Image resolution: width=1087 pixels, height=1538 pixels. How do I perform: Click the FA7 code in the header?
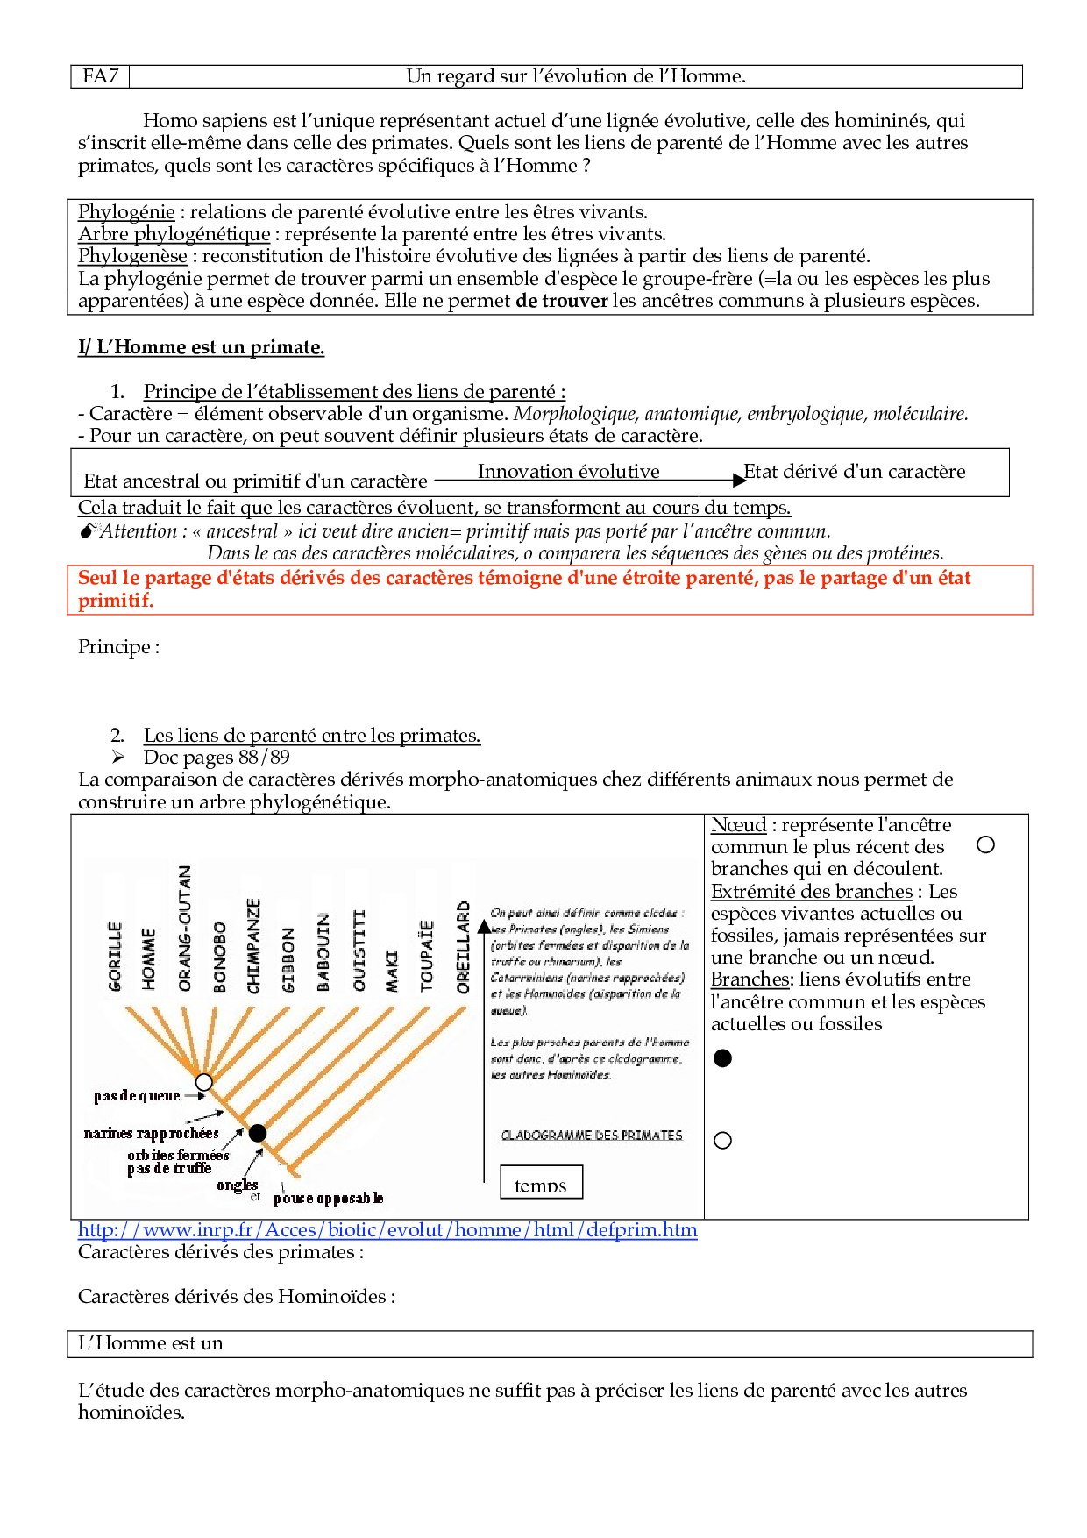pyautogui.click(x=100, y=76)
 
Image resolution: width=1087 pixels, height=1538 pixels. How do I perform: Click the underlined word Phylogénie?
pyautogui.click(x=126, y=211)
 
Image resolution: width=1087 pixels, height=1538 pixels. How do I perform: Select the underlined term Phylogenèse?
pyautogui.click(x=132, y=256)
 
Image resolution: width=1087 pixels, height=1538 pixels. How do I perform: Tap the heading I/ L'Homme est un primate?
pyautogui.click(x=201, y=347)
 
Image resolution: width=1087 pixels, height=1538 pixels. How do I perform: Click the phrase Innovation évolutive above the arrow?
pyautogui.click(x=568, y=472)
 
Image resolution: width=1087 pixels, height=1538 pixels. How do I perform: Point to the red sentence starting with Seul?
pyautogui.click(x=523, y=588)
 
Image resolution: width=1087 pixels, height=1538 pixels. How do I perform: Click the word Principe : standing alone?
pyautogui.click(x=118, y=647)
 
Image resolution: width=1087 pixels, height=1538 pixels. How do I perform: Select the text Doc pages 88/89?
pyautogui.click(x=217, y=758)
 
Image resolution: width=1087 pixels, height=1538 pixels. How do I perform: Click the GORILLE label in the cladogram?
pyautogui.click(x=115, y=957)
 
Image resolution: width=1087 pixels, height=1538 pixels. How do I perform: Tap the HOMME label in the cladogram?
pyautogui.click(x=149, y=959)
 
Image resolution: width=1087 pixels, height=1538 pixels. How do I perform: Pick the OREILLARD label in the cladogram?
pyautogui.click(x=463, y=948)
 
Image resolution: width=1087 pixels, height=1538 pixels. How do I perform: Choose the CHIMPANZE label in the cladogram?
pyautogui.click(x=253, y=946)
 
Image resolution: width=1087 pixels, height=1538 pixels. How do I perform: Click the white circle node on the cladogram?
pyautogui.click(x=204, y=1082)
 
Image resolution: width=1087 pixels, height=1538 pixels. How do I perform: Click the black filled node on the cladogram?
pyautogui.click(x=257, y=1133)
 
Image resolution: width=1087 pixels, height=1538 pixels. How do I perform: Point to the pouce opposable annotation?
pyautogui.click(x=328, y=1199)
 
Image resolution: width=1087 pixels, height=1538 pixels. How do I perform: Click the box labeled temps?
pyautogui.click(x=541, y=1182)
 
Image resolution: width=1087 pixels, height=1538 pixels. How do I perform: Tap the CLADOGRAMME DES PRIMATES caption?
pyautogui.click(x=591, y=1136)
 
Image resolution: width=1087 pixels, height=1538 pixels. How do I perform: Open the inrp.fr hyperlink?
pyautogui.click(x=387, y=1230)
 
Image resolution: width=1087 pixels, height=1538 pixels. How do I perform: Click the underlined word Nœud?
pyautogui.click(x=738, y=825)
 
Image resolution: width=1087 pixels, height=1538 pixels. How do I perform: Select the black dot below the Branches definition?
pyautogui.click(x=722, y=1058)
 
